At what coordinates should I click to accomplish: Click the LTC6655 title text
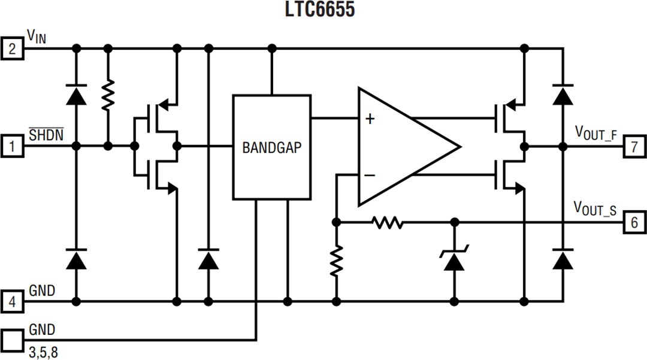(320, 10)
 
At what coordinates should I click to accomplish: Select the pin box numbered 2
(12, 48)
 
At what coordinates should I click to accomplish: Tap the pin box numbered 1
(12, 146)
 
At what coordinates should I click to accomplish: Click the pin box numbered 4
(12, 302)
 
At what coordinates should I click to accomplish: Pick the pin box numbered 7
(634, 146)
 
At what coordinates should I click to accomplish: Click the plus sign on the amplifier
(370, 119)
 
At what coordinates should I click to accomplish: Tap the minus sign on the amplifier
(370, 175)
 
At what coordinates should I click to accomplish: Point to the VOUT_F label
(595, 132)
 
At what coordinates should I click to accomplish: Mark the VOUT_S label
(595, 209)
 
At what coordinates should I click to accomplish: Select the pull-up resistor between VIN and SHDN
(108, 96)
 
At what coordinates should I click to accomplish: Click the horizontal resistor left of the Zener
(388, 223)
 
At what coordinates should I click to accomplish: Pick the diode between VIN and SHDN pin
(76, 96)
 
